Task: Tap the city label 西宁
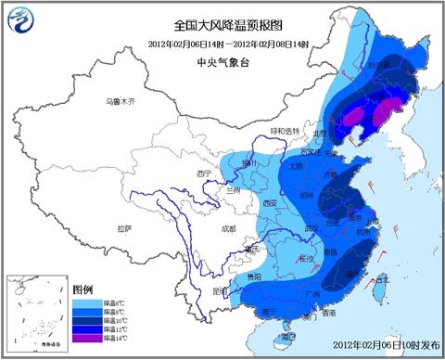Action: [207, 173]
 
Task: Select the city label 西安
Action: [270, 201]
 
